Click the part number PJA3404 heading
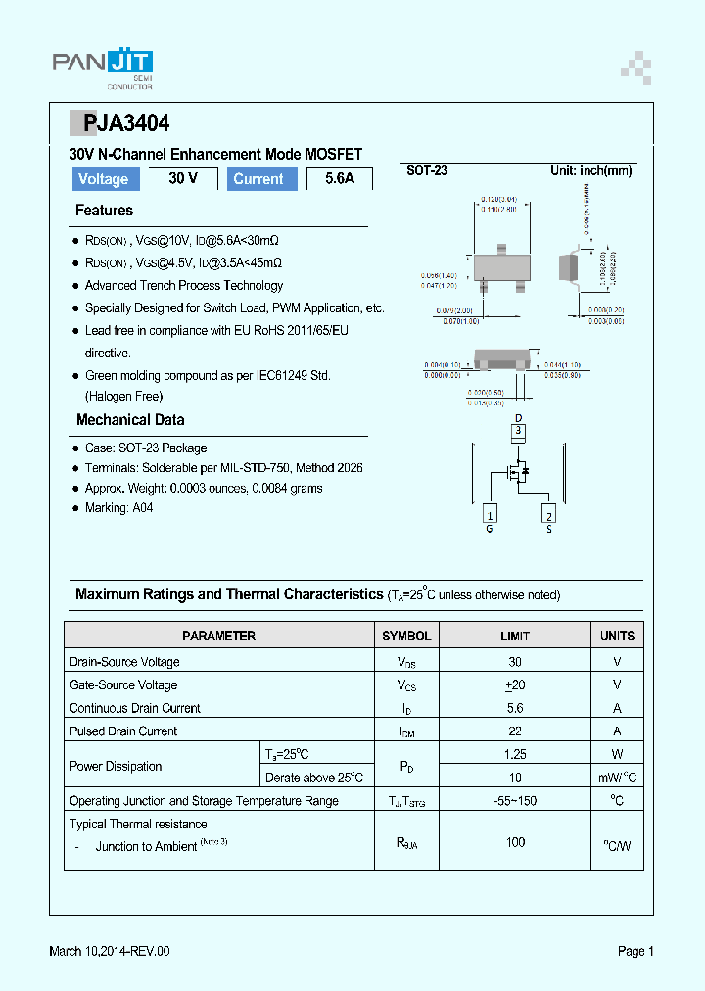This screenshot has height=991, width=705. pos(119,123)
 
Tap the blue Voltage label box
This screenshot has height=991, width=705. pos(104,179)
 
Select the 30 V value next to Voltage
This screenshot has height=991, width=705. pos(183,178)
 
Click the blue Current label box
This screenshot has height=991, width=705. pos(258,179)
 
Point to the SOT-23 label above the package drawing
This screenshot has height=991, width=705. pos(427,170)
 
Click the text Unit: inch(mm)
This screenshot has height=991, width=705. pos(590,170)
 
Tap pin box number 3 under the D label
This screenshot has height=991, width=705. pos(519,430)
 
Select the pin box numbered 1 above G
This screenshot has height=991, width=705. pos(490,514)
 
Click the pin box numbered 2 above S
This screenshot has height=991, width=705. pos(549,515)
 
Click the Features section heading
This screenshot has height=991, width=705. pos(104,211)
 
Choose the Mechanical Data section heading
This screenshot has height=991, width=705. pos(130,420)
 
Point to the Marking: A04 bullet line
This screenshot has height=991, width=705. pos(118,508)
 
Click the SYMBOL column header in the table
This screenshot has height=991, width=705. pos(406,636)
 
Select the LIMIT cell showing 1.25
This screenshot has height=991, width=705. pos(515,754)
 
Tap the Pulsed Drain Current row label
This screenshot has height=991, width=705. pos(123,731)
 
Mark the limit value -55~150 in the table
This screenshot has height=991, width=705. pos(515,801)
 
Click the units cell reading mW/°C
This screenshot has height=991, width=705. pos(617,778)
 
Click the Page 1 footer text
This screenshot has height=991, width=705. pos(635,951)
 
